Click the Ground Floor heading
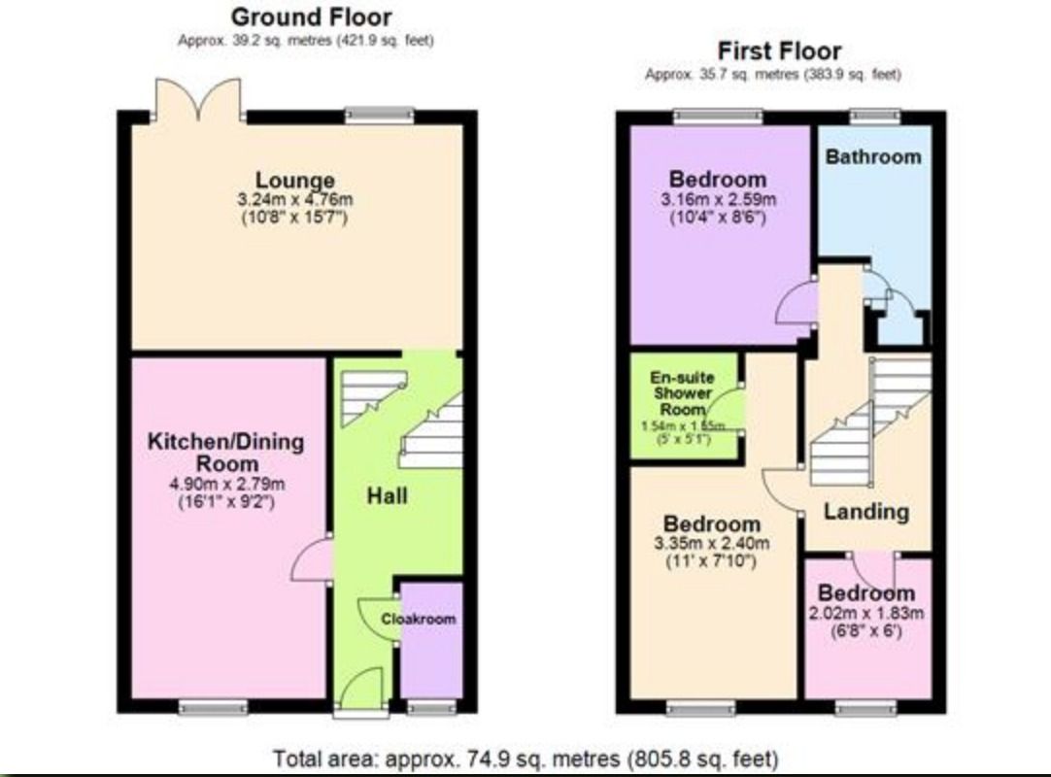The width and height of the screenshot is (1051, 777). (311, 17)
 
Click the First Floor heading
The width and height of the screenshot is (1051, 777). (779, 51)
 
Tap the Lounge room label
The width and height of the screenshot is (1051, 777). (295, 180)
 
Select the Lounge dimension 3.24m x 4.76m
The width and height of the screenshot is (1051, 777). (295, 199)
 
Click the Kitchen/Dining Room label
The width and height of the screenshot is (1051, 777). (225, 452)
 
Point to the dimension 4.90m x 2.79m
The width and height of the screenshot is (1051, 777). (225, 485)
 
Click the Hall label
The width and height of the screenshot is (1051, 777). (387, 495)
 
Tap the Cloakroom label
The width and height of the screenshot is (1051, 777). (418, 619)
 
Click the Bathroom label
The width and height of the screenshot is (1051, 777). (872, 156)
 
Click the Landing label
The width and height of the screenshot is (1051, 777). (866, 511)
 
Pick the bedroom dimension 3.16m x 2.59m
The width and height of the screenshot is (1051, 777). (718, 200)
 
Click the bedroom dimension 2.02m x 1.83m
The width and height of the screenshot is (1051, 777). (865, 613)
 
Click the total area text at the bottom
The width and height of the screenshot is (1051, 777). (525, 758)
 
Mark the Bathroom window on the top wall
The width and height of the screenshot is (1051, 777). (875, 117)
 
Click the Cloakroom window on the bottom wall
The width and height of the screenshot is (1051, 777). (431, 708)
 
